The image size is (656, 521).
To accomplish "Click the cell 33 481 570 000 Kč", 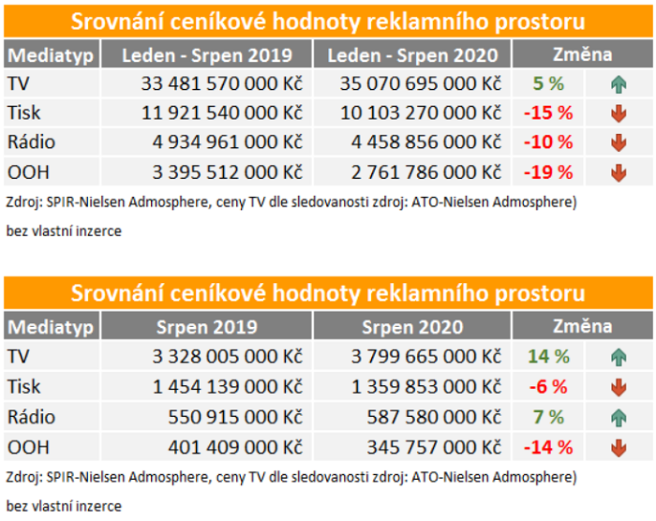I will click(222, 84).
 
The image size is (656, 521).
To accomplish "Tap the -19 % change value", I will click(551, 172).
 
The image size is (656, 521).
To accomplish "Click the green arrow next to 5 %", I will click(618, 84).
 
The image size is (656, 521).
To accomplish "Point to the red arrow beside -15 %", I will click(618, 114).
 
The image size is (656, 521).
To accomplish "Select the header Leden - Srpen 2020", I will click(412, 55).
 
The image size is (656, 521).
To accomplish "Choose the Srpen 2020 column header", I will click(412, 327).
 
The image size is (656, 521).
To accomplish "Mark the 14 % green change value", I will click(550, 357).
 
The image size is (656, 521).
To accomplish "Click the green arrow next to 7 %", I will click(618, 417).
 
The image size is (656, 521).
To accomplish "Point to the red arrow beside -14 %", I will click(618, 447).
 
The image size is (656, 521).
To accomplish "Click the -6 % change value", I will click(553, 387).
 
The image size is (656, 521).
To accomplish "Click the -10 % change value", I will click(551, 143).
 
